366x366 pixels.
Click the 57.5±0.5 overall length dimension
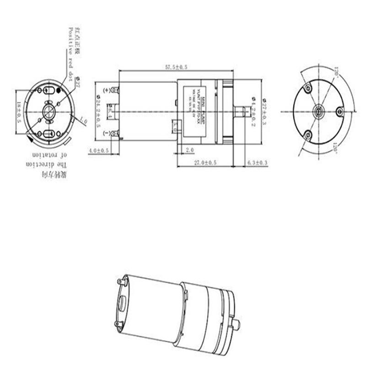pos(176,68)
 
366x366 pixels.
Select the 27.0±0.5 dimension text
pos(205,163)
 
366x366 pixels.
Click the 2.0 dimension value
pos(190,150)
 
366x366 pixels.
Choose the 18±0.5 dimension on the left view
pos(19,112)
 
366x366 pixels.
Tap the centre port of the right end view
pos(317,111)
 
